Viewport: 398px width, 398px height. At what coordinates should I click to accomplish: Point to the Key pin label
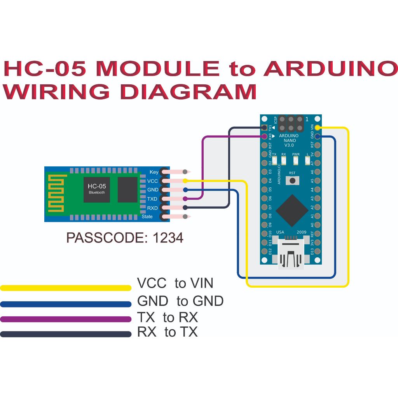(x=154, y=172)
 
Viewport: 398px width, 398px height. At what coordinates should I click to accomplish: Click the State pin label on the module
(x=147, y=216)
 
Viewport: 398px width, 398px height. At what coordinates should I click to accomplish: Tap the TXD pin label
(x=153, y=199)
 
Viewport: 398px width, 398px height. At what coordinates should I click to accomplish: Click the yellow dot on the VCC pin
(x=185, y=181)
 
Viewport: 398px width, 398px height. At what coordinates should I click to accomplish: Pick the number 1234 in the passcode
(x=168, y=237)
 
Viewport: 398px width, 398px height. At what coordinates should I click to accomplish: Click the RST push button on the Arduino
(x=292, y=180)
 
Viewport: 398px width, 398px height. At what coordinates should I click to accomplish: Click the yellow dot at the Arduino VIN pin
(x=318, y=127)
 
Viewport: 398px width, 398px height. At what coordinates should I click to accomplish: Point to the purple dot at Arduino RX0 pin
(x=265, y=136)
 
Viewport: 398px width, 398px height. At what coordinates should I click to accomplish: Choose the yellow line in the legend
(x=66, y=288)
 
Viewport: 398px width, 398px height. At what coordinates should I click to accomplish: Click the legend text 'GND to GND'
(x=180, y=301)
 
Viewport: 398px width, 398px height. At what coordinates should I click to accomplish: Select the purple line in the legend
(x=66, y=319)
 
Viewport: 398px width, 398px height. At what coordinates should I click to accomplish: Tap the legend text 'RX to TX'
(x=168, y=332)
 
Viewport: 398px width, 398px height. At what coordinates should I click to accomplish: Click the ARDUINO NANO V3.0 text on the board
(x=289, y=140)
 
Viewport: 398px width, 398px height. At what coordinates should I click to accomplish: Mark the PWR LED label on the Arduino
(x=296, y=154)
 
